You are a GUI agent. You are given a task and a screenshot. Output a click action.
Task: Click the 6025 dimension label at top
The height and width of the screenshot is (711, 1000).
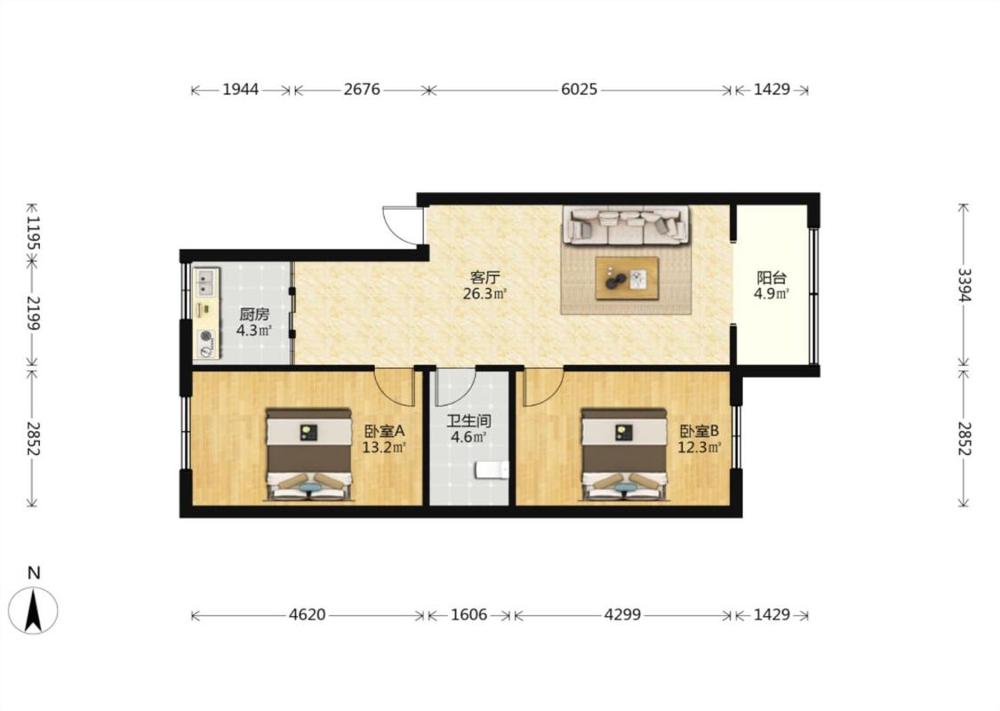[579, 89]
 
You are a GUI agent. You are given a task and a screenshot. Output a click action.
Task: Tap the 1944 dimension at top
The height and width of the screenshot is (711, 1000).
[240, 89]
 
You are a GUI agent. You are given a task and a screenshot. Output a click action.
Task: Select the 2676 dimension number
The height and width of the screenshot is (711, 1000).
[362, 89]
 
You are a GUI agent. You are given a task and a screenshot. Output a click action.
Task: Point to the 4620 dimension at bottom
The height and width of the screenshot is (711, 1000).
[308, 615]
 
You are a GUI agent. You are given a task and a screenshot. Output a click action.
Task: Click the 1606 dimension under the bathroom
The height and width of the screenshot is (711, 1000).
[468, 615]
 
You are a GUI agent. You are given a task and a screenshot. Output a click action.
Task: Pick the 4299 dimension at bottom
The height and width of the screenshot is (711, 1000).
[622, 615]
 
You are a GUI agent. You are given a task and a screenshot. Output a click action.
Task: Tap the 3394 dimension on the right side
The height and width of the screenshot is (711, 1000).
[964, 285]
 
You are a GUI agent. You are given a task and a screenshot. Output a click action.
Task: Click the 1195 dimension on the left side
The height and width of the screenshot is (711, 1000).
[33, 234]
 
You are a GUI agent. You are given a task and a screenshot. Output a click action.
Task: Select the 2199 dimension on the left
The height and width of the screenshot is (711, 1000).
[33, 313]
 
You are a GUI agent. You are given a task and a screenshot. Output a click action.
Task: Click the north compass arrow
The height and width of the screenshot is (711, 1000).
[33, 611]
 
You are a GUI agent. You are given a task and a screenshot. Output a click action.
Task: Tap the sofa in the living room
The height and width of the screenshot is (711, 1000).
[626, 225]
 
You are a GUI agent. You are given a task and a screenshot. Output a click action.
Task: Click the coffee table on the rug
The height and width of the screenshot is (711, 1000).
[627, 277]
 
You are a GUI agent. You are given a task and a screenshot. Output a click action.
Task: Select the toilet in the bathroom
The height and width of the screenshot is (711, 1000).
[492, 471]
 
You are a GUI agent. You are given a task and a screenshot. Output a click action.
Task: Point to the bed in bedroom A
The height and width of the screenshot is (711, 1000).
[308, 454]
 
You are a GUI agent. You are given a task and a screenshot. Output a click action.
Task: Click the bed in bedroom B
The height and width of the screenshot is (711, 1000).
[624, 454]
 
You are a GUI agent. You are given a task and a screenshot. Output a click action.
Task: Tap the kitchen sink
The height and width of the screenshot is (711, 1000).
[205, 284]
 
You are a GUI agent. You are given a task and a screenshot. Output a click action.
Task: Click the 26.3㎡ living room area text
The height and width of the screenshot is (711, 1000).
[484, 294]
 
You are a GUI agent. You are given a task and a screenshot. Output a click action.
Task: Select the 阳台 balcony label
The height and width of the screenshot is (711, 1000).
[772, 278]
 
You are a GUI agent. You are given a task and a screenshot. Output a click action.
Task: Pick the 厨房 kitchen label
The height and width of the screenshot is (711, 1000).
[254, 315]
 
